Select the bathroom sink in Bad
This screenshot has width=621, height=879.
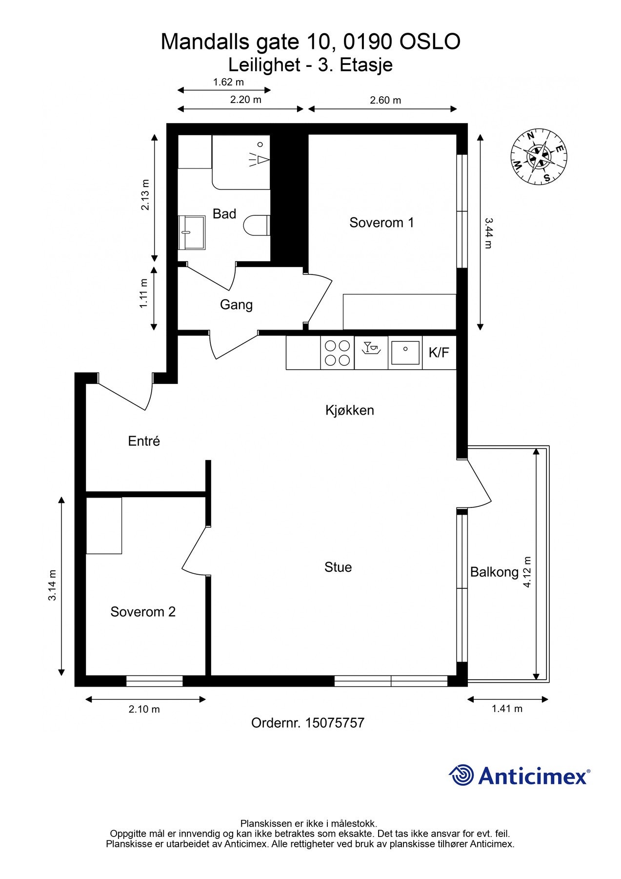(x=191, y=232)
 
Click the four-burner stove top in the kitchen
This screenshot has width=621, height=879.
(x=338, y=353)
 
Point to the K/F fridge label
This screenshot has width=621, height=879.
(x=439, y=353)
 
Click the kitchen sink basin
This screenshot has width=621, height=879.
(x=405, y=353)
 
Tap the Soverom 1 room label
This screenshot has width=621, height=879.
(x=381, y=223)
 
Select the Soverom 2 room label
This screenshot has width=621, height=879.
(x=143, y=612)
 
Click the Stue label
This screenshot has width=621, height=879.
(x=338, y=567)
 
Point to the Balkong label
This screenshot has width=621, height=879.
(x=494, y=572)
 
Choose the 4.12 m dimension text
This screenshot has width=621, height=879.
(x=527, y=572)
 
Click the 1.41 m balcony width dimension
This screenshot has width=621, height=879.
(x=507, y=709)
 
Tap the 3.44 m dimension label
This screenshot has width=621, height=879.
(x=488, y=233)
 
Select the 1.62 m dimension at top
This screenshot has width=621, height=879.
(x=228, y=82)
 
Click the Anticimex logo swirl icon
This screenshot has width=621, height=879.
(x=461, y=775)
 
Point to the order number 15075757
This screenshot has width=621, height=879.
(x=335, y=723)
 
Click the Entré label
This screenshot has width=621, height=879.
(x=144, y=441)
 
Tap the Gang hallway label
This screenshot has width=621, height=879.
(x=236, y=305)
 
